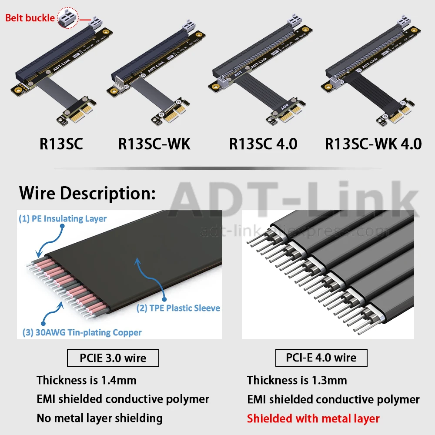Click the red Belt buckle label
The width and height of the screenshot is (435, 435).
(x=30, y=18)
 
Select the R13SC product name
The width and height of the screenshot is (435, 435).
(x=61, y=144)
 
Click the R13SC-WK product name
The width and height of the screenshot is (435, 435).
(x=154, y=144)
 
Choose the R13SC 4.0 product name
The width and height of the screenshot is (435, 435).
(x=263, y=144)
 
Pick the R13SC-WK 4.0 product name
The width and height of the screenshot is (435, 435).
(x=373, y=144)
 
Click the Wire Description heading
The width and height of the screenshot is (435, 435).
(x=87, y=193)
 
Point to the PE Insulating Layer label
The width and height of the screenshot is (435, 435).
(x=63, y=218)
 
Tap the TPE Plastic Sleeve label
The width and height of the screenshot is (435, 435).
(x=178, y=308)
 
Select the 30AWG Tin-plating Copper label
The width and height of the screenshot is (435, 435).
(x=82, y=332)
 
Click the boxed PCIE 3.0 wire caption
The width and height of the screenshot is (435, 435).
(x=113, y=358)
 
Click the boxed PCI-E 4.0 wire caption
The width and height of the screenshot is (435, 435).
(x=321, y=358)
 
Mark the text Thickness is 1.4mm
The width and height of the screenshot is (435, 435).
(x=87, y=380)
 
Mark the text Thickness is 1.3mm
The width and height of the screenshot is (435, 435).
(x=297, y=380)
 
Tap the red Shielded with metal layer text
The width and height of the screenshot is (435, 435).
(x=313, y=418)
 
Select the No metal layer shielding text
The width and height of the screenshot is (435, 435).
(x=100, y=418)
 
